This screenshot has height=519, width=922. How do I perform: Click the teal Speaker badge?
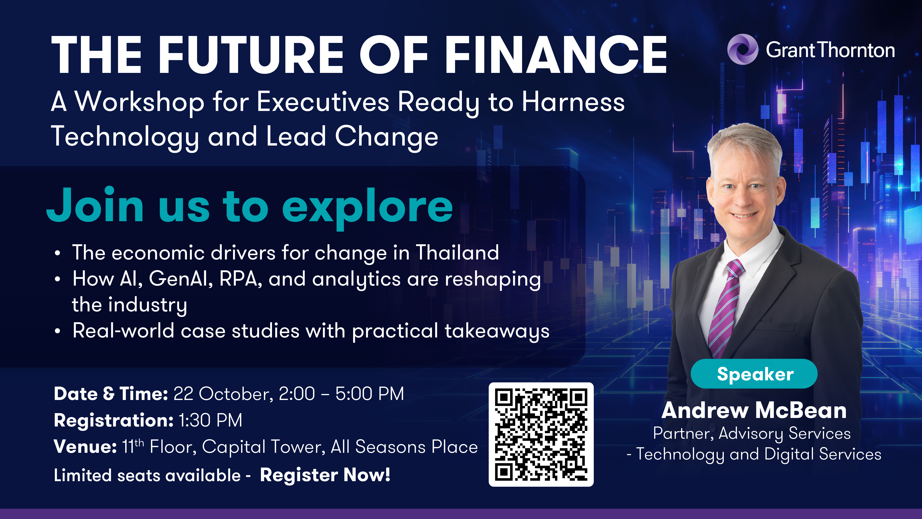[x=754, y=374]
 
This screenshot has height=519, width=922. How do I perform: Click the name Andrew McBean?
[x=754, y=411]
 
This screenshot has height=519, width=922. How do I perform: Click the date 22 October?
[x=223, y=394]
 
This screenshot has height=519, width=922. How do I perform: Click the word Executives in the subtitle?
[x=323, y=102]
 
